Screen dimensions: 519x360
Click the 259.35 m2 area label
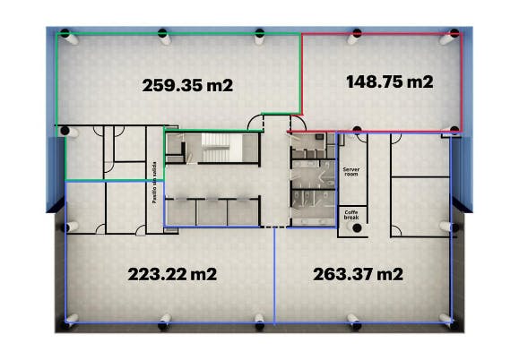coord(187,85)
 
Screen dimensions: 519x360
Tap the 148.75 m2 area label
coord(390,81)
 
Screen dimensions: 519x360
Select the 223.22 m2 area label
coord(172,274)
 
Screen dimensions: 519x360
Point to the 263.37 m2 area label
coord(359,274)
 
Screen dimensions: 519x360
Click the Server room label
coord(351,172)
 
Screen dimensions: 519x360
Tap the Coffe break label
coord(351,215)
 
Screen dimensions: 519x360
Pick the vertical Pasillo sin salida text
coord(154,183)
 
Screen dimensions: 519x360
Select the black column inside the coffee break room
coord(357,227)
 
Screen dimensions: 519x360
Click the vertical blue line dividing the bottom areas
coord(274,275)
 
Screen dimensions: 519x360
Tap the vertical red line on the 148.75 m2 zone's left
coord(302,73)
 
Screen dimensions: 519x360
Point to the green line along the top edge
coord(178,33)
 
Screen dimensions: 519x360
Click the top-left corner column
coord(65,33)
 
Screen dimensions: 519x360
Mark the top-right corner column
coord(454,33)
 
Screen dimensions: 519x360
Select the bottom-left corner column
coord(66,325)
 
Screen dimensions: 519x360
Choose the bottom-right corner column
coord(455,325)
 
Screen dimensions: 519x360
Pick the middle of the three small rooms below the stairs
coord(212,212)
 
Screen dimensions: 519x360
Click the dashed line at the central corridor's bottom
coord(273,227)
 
